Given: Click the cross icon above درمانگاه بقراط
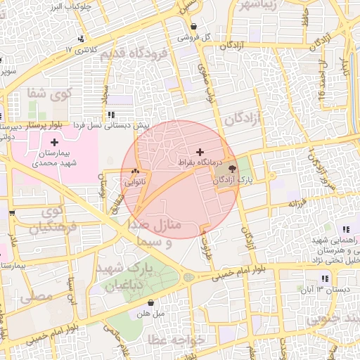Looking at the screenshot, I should point(200,151).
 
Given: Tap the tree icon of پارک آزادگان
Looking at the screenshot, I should point(233,169).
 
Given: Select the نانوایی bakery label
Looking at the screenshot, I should point(135,181).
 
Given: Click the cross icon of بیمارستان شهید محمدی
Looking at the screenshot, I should point(54,142).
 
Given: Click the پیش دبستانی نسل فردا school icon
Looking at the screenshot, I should point(111,115).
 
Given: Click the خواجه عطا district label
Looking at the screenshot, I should point(180,340).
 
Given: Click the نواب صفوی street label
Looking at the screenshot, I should point(209,91).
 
